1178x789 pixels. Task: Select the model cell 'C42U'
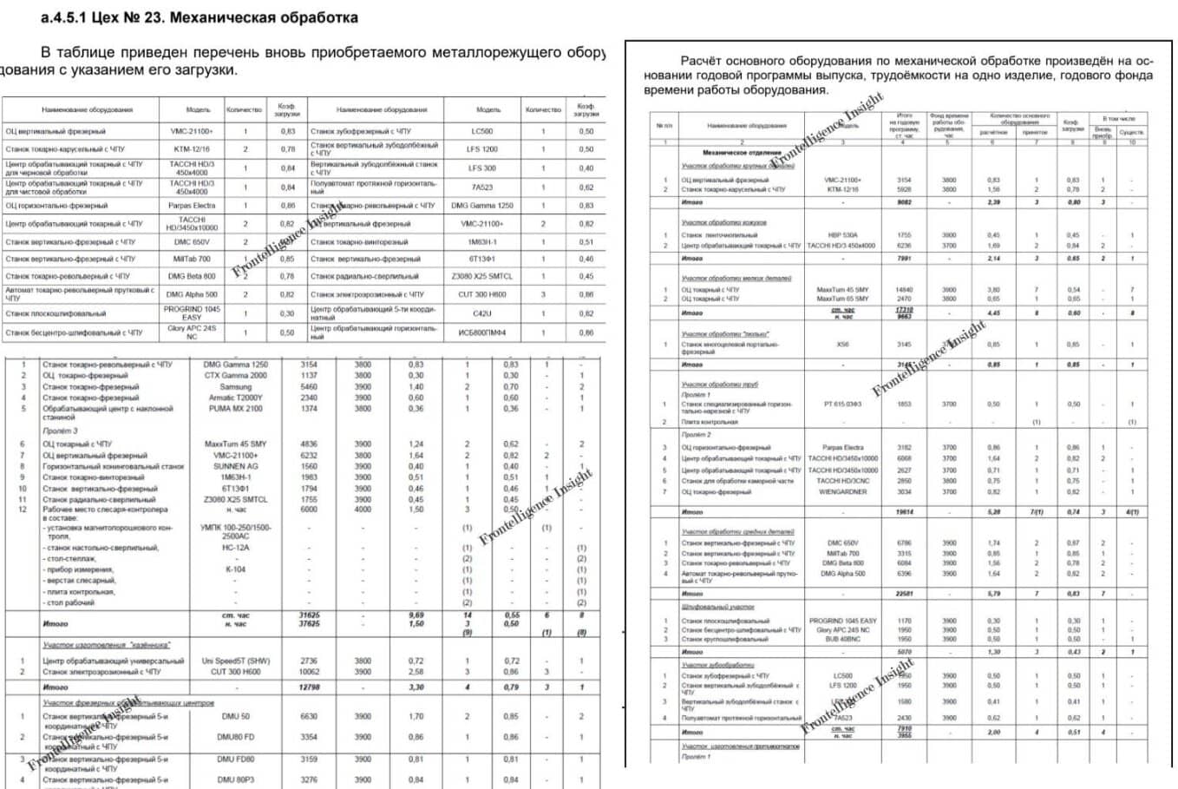[x=482, y=313]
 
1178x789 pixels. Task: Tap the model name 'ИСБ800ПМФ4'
[x=482, y=332]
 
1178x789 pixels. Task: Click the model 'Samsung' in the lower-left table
[x=236, y=387]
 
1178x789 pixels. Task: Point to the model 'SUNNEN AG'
[x=236, y=466]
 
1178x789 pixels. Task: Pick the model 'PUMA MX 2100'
[x=236, y=409]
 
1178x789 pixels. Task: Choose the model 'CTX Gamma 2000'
[x=236, y=376]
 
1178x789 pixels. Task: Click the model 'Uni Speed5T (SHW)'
[x=236, y=661]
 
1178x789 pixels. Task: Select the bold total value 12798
[x=309, y=687]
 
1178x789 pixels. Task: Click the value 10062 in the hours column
[x=309, y=672]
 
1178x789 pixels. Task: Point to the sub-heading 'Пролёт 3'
[x=60, y=431]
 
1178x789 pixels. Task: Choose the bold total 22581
[x=905, y=594]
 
